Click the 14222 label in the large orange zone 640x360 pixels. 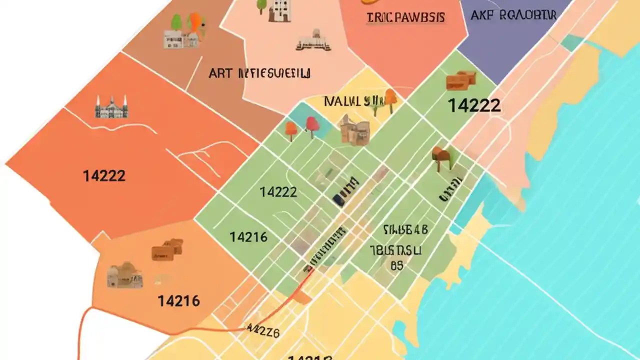click(x=104, y=176)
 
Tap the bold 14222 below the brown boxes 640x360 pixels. click(x=473, y=105)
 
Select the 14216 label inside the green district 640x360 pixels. click(x=248, y=237)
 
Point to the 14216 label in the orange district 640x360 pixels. click(x=178, y=301)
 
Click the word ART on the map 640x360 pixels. click(x=220, y=73)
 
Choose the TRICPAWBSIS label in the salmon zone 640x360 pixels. click(x=405, y=17)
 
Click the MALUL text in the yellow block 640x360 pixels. click(x=342, y=101)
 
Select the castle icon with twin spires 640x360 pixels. click(x=111, y=107)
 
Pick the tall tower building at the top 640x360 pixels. click(x=279, y=11)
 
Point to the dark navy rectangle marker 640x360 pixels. click(x=338, y=200)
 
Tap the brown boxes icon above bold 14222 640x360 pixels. click(x=460, y=80)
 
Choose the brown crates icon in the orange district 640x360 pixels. click(x=167, y=249)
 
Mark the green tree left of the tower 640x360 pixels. click(x=261, y=6)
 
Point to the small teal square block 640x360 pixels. click(x=571, y=43)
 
